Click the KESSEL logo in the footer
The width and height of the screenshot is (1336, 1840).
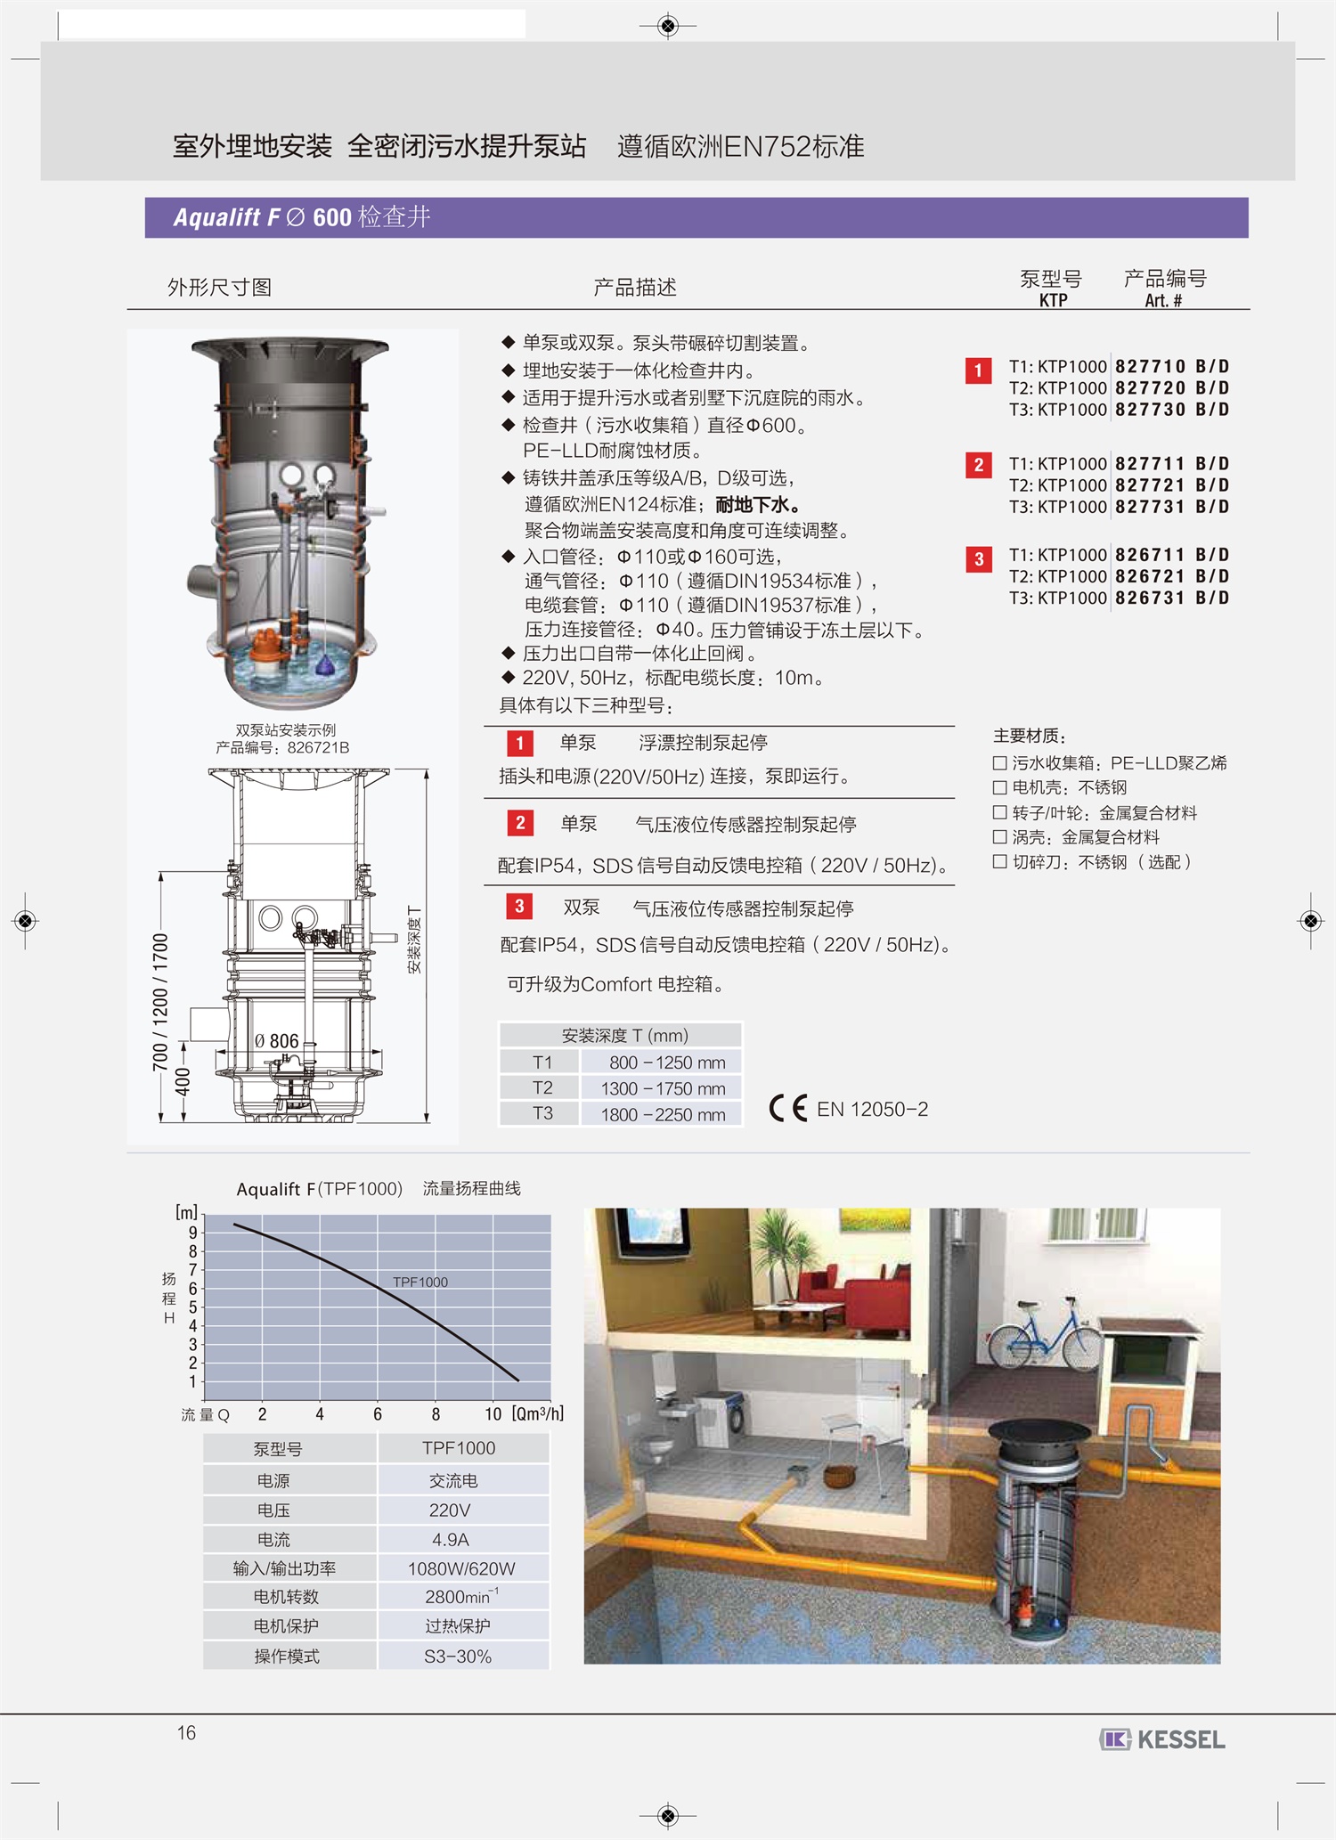pos(1162,1738)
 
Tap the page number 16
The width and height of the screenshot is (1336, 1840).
pos(186,1732)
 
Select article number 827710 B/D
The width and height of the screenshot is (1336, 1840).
pos(1171,367)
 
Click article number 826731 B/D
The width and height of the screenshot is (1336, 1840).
pos(1171,598)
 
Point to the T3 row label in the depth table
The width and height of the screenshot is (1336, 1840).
pos(542,1113)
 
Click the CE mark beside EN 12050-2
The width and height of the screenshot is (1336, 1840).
pos(788,1108)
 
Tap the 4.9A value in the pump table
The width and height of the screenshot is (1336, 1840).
pos(450,1540)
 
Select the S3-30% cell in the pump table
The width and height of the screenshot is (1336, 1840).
pos(458,1657)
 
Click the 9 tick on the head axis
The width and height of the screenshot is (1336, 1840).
pos(193,1233)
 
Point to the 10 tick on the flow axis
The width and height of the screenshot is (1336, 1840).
pos(493,1414)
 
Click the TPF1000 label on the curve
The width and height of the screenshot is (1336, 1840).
pos(420,1282)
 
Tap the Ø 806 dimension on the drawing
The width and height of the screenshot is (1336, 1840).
pos(276,1041)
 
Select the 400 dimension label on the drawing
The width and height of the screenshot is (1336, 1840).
pos(183,1081)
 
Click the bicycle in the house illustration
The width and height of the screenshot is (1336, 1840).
pos(1045,1335)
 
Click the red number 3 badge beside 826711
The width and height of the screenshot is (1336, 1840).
pos(979,559)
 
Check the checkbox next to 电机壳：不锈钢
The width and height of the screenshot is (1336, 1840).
pos(999,787)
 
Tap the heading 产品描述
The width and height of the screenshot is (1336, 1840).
pos(635,288)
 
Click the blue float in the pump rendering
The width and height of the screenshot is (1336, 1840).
pos(326,663)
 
